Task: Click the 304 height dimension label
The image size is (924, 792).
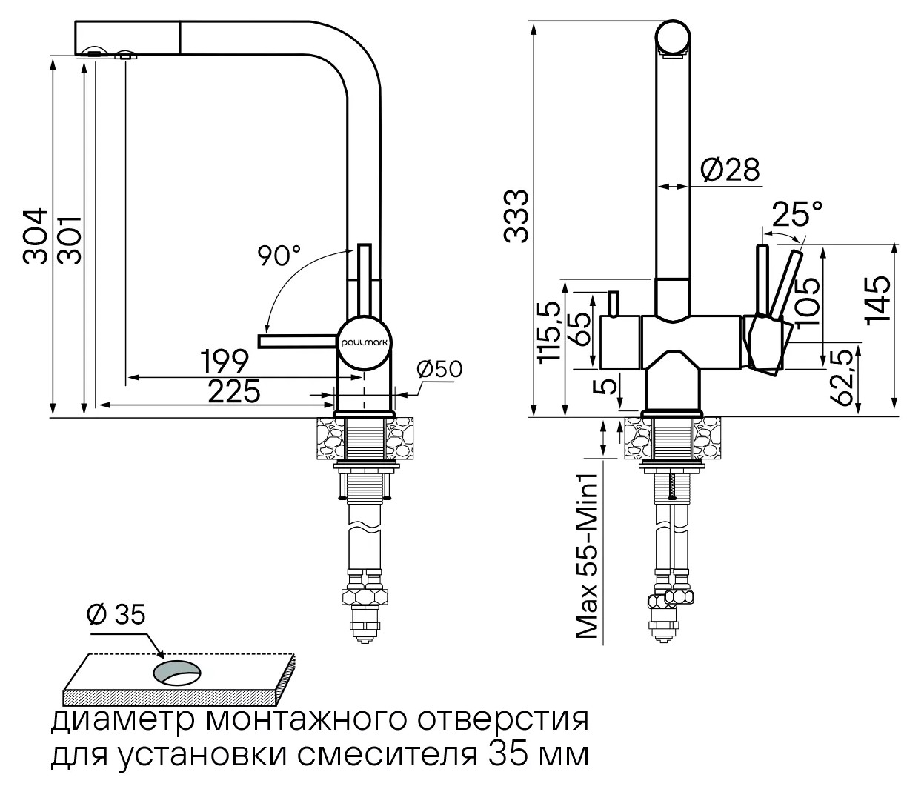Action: pyautogui.click(x=36, y=236)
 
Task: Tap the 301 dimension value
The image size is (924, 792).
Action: pyautogui.click(x=70, y=240)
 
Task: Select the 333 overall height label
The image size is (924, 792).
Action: pyautogui.click(x=516, y=216)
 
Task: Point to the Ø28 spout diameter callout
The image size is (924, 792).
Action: pyautogui.click(x=730, y=170)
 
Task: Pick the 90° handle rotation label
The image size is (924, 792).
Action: pyautogui.click(x=279, y=256)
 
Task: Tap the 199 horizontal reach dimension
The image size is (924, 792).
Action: pyautogui.click(x=224, y=361)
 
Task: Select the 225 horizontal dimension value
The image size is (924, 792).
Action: pyautogui.click(x=234, y=391)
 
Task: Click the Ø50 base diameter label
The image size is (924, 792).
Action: pyautogui.click(x=439, y=369)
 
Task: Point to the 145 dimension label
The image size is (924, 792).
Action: pyautogui.click(x=878, y=300)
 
